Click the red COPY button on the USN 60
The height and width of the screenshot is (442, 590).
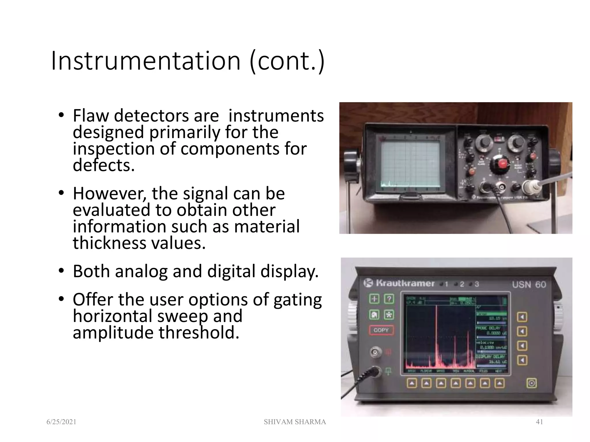(381, 330)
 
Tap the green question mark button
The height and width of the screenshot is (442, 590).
(389, 299)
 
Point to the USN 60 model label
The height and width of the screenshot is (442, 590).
(529, 285)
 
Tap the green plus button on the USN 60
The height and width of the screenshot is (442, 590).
(374, 299)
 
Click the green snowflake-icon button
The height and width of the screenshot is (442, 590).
(389, 315)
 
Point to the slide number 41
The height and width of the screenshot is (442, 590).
(539, 422)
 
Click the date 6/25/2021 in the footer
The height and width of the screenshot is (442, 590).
(61, 422)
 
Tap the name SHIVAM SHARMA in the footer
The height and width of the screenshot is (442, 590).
(295, 422)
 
